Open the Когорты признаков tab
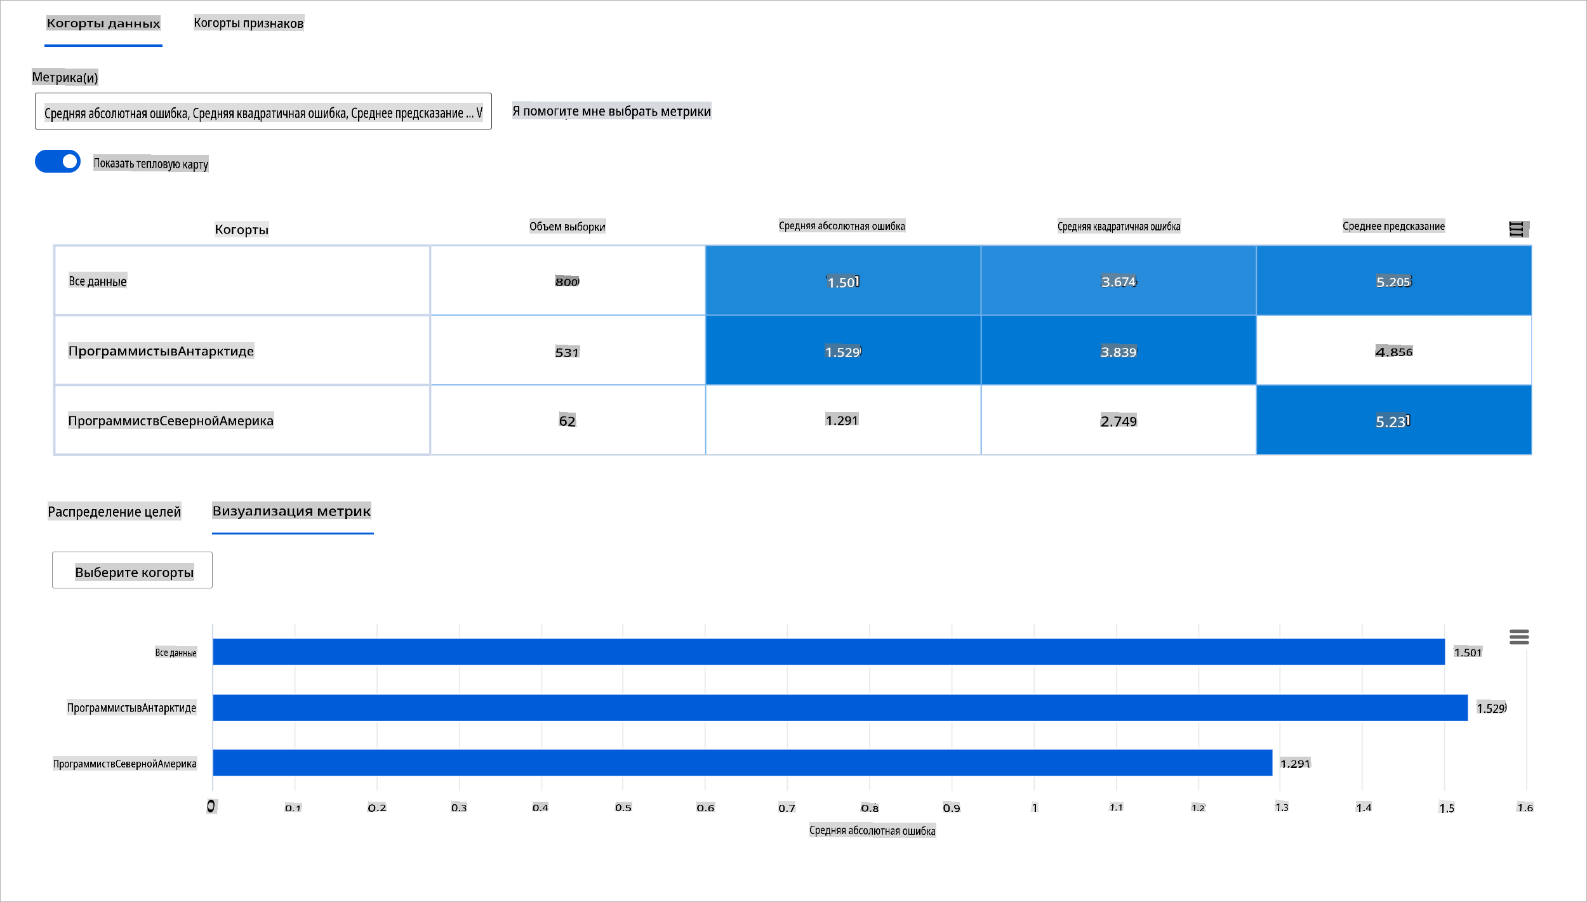248,23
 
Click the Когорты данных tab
103,23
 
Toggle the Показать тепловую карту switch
58,161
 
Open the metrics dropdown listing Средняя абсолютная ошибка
263,112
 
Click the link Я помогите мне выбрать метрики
611,112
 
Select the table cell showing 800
567,281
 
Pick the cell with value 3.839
1118,351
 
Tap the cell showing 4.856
1393,351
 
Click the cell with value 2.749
1118,420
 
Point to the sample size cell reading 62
567,420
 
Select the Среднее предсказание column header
1393,226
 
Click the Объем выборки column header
567,227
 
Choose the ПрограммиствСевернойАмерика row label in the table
171,420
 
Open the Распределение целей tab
114,512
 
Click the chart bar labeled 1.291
741,762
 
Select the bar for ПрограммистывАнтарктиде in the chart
839,708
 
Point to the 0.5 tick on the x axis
623,807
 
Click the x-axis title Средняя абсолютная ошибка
872,830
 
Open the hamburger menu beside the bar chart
1518,637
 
